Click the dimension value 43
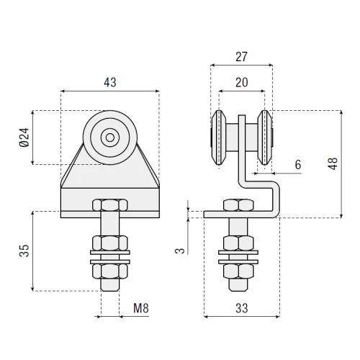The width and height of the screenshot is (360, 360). click(x=110, y=82)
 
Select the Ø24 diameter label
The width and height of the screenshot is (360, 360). click(x=24, y=138)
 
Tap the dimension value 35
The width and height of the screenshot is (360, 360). click(x=24, y=251)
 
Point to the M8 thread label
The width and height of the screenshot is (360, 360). click(x=141, y=308)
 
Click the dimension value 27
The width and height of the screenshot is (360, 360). click(x=241, y=57)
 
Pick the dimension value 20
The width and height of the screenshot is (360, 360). click(x=242, y=82)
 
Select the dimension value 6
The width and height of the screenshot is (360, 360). click(x=298, y=165)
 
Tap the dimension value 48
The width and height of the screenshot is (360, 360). click(x=333, y=164)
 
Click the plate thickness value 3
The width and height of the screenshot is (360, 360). click(x=180, y=251)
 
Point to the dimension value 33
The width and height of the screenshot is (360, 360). click(x=241, y=308)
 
